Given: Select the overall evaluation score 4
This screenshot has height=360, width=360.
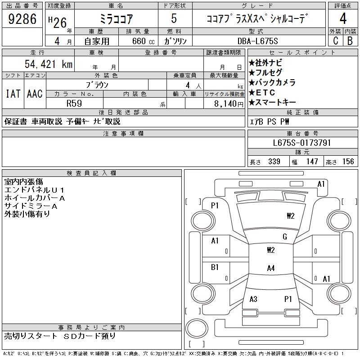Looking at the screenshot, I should point(343,19).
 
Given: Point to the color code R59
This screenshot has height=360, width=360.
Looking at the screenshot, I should point(74,103).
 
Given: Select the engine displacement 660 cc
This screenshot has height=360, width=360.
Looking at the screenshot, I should point(140,40).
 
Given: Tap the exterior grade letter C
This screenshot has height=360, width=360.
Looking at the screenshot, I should point(335,40).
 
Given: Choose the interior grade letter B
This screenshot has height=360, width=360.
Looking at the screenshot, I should point(350,40).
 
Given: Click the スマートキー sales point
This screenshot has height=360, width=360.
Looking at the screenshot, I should point(272,102).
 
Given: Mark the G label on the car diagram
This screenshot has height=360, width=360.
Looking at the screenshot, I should point(285,237).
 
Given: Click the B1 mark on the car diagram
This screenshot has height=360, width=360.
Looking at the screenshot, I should point(215,267).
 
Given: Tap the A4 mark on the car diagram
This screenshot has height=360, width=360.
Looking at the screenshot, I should point(270,268).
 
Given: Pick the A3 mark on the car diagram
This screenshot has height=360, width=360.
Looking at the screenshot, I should point(253,299).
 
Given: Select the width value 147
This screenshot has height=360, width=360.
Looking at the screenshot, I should point(312,162).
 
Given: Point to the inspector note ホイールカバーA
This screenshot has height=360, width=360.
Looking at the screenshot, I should point(35,198).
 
